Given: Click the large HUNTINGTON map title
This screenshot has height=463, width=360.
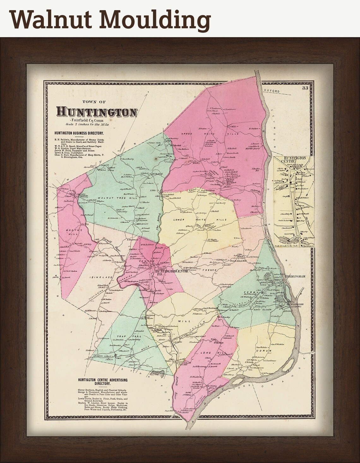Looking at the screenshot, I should pos(97,112).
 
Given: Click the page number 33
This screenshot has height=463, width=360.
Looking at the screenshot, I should pos(305,88).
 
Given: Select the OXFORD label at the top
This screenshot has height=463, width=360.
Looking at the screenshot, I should pos(274,91).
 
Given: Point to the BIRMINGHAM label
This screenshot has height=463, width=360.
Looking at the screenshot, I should pos(295,276).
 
